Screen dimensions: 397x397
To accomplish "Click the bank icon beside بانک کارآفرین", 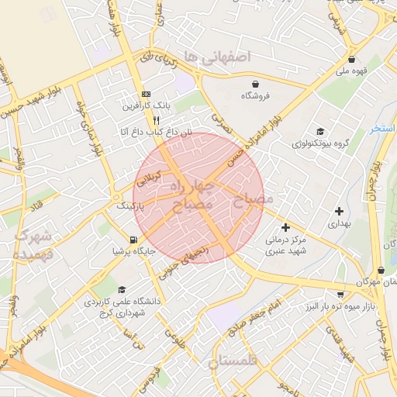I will tap(146, 94).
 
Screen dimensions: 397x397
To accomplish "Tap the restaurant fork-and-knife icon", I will tap(157, 120).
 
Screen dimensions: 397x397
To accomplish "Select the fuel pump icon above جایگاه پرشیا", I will tap(136, 240).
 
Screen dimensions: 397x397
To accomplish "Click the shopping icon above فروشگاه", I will tap(255, 84).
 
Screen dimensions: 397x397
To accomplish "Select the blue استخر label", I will tap(383, 128).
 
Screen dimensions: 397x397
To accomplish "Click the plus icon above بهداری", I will tap(339, 210).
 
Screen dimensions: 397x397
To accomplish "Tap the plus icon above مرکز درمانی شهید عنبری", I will tap(286, 228).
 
